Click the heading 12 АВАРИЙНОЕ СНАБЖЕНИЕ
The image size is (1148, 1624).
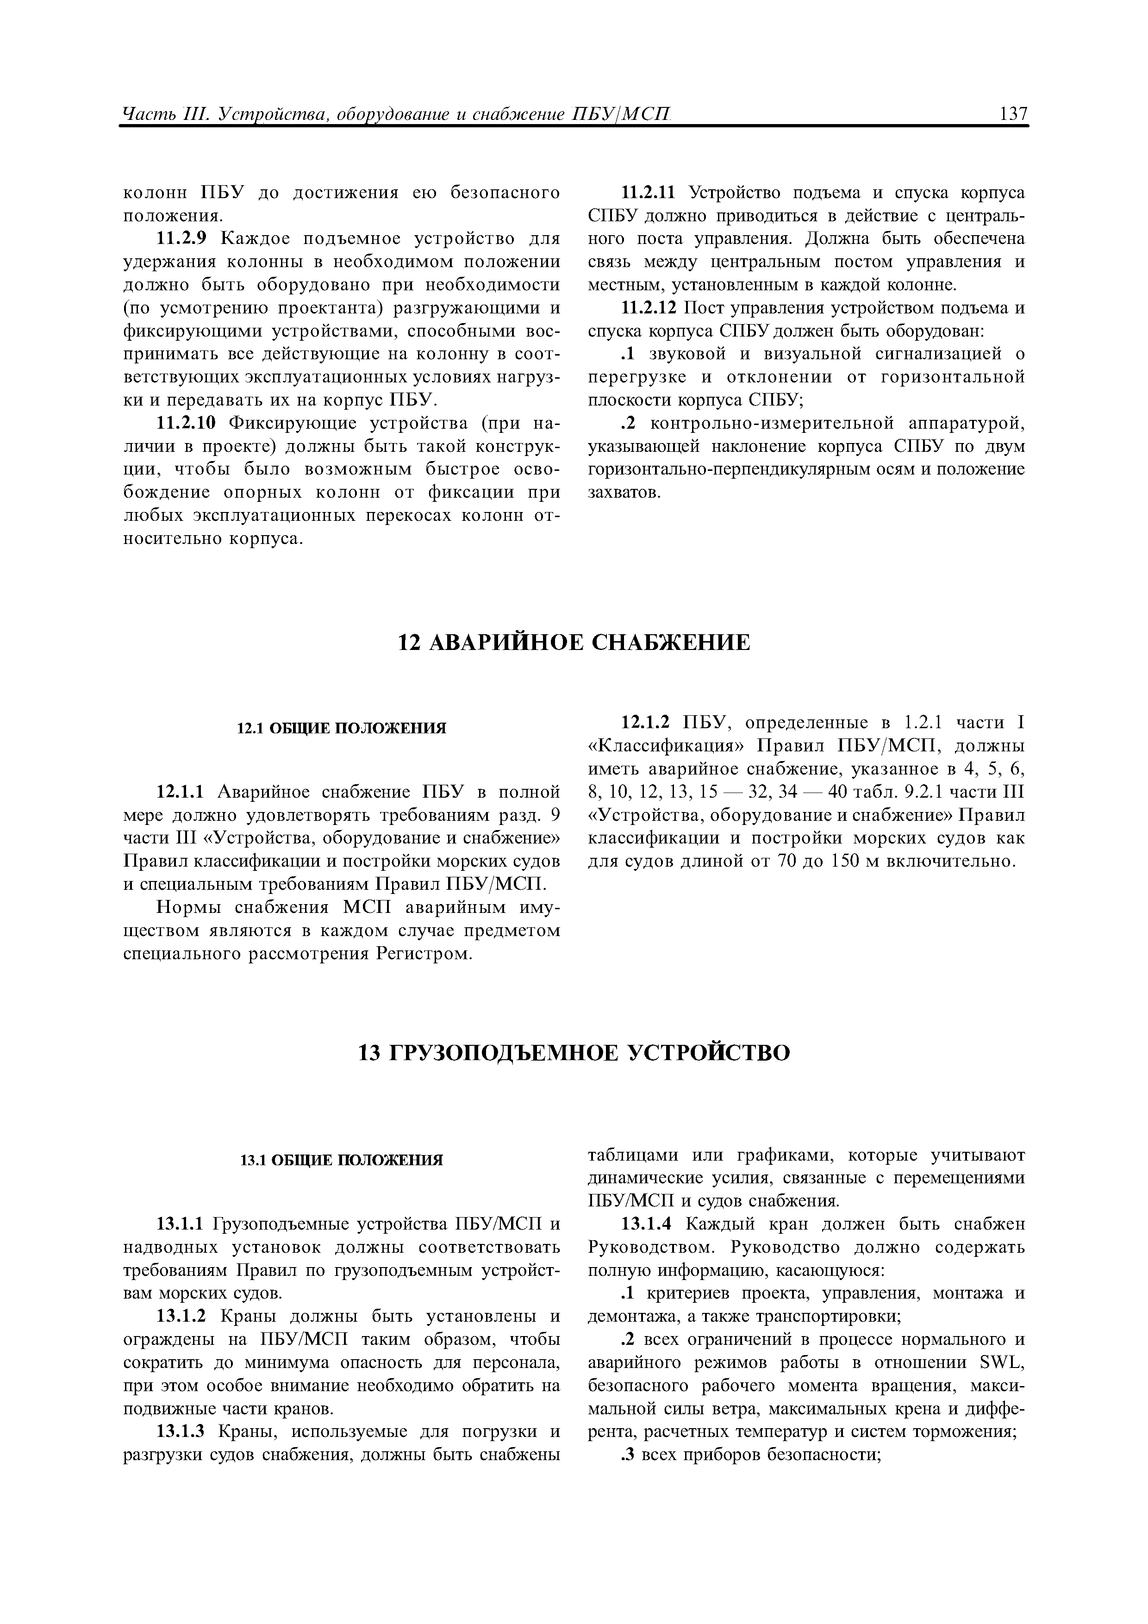click(574, 642)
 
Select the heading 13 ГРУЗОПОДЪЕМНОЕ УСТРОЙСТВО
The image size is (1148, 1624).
click(574, 1053)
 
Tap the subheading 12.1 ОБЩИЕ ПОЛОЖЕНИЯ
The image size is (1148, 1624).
click(341, 729)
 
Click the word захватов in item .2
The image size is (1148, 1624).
click(624, 492)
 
